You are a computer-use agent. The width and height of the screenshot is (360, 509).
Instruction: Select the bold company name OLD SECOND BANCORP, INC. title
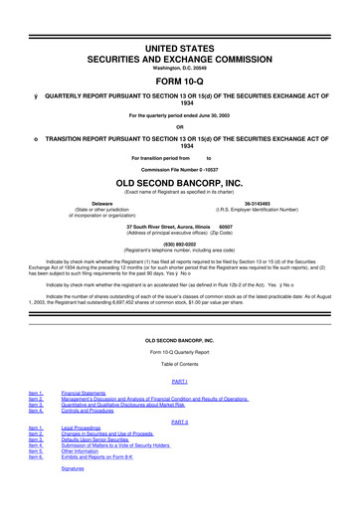coord(180,184)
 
